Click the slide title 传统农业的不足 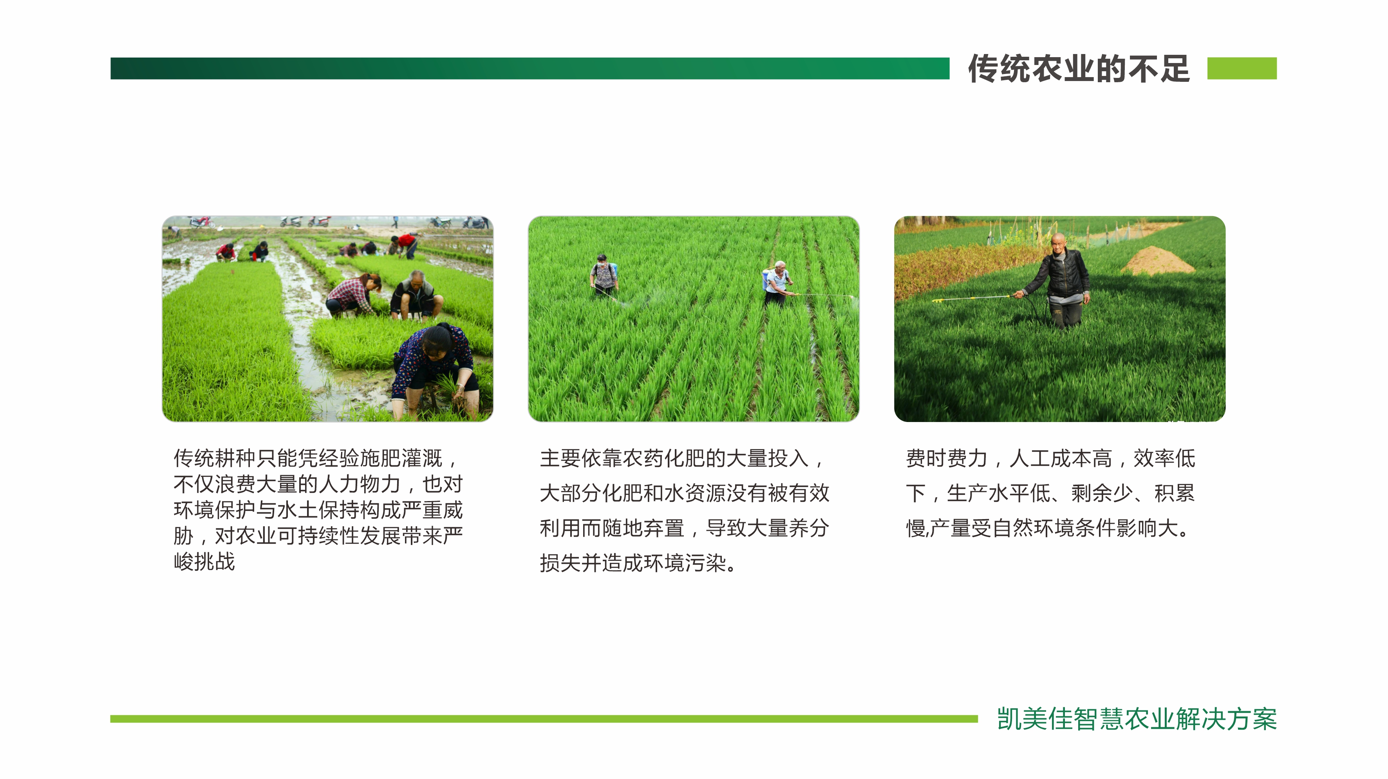pyautogui.click(x=1078, y=69)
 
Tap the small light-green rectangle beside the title pyautogui.click(x=1242, y=69)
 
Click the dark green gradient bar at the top pyautogui.click(x=530, y=69)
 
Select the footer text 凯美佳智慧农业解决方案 pyautogui.click(x=1137, y=719)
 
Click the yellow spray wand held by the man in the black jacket pyautogui.click(x=972, y=298)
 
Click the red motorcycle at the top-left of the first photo pyautogui.click(x=201, y=222)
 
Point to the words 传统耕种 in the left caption pyautogui.click(x=215, y=458)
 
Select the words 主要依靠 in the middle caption pyautogui.click(x=581, y=458)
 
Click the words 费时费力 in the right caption pyautogui.click(x=947, y=458)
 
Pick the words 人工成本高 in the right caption pyautogui.click(x=1061, y=458)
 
